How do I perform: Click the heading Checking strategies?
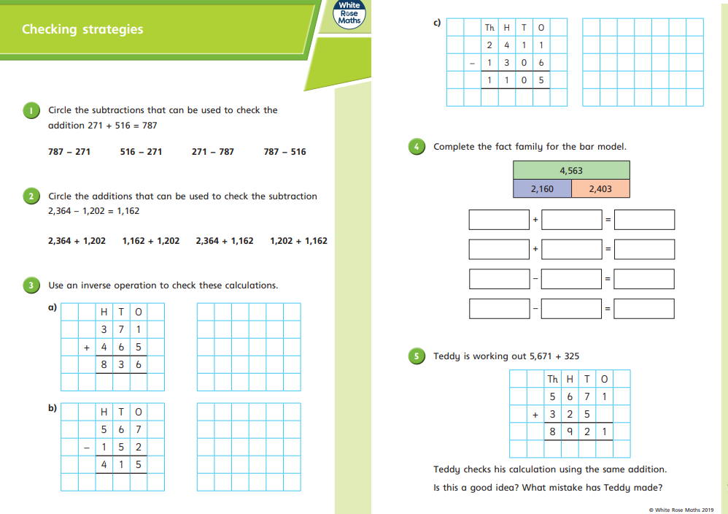coord(82,30)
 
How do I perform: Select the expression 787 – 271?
coord(69,152)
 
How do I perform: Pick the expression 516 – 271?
coord(141,152)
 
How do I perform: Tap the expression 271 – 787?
coord(213,152)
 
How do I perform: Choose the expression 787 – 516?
coord(284,152)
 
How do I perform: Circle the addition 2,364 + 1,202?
coord(77,241)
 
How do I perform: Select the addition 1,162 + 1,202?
coord(151,241)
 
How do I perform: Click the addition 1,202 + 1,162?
coord(298,241)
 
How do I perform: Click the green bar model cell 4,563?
coord(571,171)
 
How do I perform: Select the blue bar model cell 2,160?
coord(542,189)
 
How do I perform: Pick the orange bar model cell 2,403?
coord(600,189)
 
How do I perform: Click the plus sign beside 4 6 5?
coord(87,348)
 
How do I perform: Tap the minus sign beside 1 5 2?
coord(87,448)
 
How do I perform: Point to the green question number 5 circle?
coord(417,356)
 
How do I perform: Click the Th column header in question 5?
coord(552,379)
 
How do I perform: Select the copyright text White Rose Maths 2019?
coord(681,510)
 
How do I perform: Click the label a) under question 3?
coord(53,308)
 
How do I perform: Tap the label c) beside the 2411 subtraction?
coord(437,23)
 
